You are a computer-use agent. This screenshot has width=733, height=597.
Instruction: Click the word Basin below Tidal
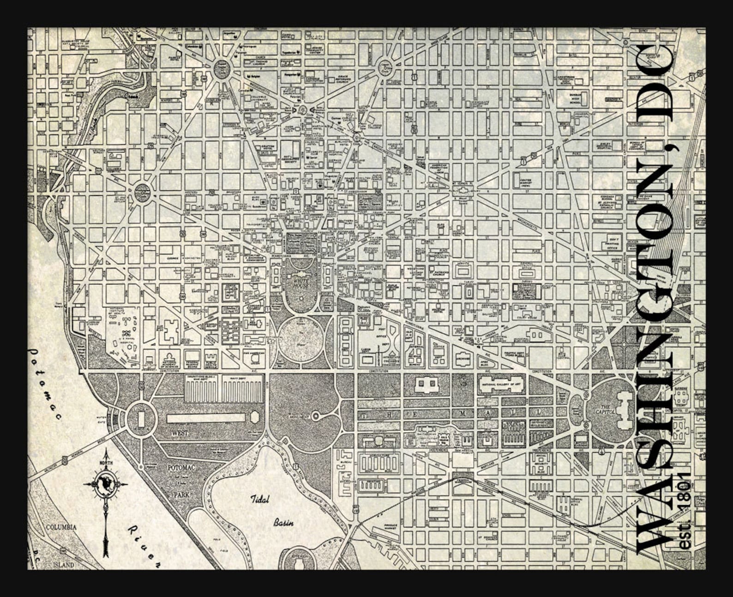pyautogui.click(x=283, y=523)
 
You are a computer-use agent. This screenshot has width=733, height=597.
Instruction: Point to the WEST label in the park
pyautogui.click(x=180, y=433)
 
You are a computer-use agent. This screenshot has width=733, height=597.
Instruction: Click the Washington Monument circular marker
pyautogui.click(x=315, y=416)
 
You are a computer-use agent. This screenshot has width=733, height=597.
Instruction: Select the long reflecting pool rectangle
pyautogui.click(x=208, y=418)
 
